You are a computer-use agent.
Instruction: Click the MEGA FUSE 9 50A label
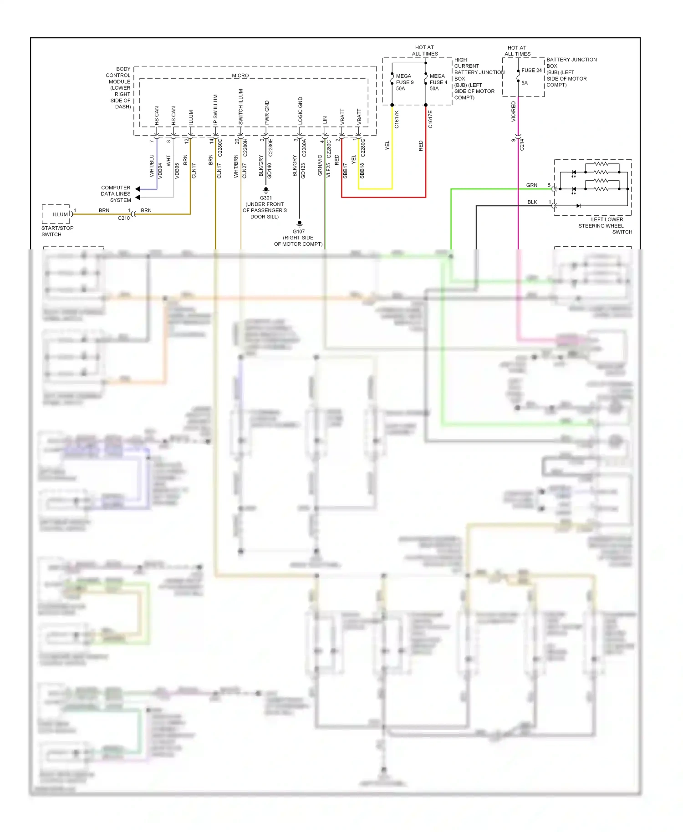click(x=404, y=82)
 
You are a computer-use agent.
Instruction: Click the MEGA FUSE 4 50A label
click(x=438, y=82)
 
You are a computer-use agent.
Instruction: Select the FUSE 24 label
click(x=531, y=71)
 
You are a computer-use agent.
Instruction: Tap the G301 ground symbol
click(x=266, y=189)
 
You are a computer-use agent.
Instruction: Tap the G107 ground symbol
click(x=299, y=223)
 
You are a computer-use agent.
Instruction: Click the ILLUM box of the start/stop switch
click(x=60, y=214)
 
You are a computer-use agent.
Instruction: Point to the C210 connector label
click(x=123, y=218)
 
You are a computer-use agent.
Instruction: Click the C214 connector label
click(x=522, y=145)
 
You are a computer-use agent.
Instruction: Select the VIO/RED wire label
click(x=514, y=112)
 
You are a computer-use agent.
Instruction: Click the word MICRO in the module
click(x=240, y=76)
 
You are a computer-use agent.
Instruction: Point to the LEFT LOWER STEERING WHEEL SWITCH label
click(x=605, y=226)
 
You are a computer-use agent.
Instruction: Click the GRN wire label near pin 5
click(x=531, y=185)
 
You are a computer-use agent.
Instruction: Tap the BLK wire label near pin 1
click(x=532, y=202)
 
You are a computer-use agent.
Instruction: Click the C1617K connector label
click(x=397, y=119)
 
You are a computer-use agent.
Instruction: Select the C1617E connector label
click(x=430, y=119)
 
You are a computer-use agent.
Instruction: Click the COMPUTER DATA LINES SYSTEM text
click(x=116, y=194)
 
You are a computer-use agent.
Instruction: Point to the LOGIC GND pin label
click(x=301, y=111)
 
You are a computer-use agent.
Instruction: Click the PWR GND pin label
click(x=267, y=112)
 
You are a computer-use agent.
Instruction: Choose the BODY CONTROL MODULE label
click(x=119, y=88)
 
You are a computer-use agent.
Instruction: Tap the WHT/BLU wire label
click(x=152, y=166)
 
